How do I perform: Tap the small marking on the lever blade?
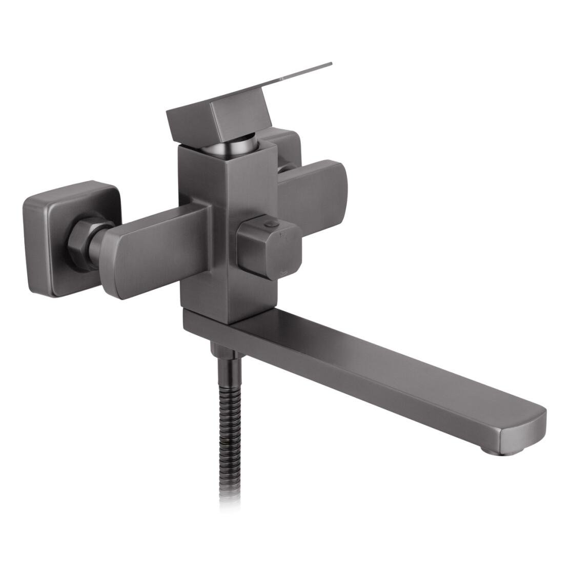(x=283, y=78)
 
